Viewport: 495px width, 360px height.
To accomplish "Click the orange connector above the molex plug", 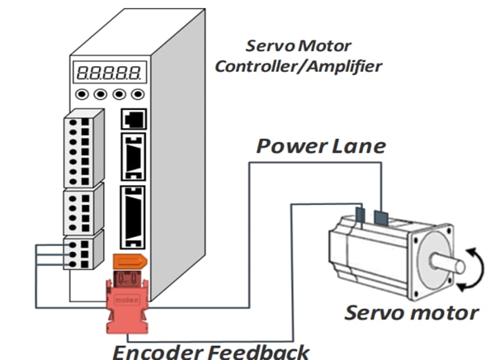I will tap(130, 263).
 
